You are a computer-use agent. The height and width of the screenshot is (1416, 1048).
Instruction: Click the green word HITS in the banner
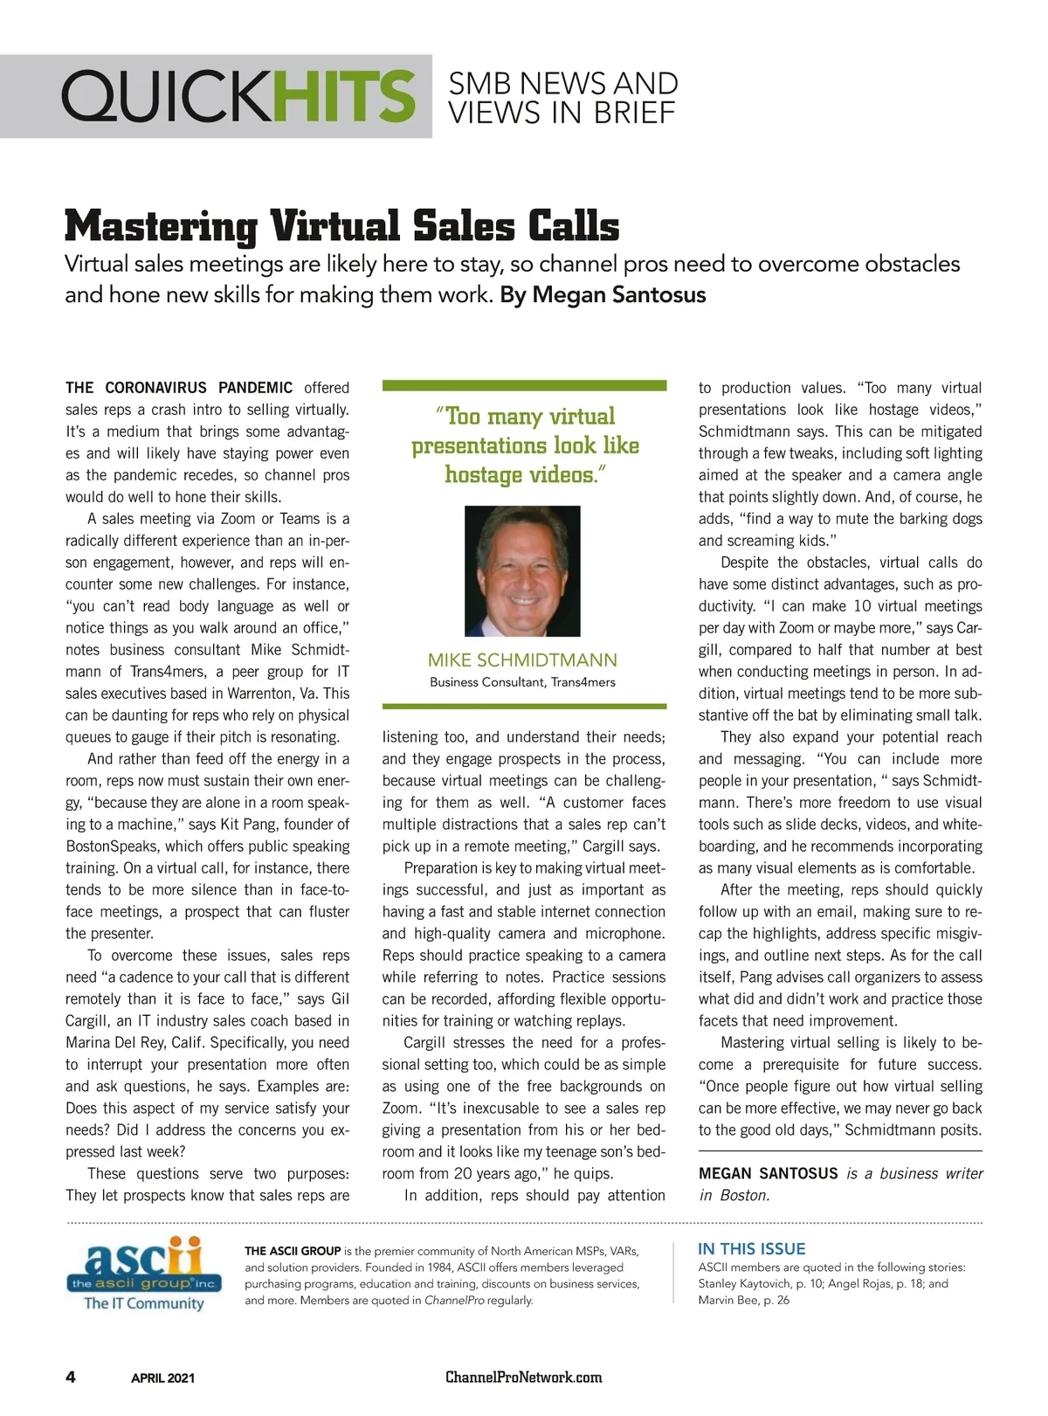click(x=344, y=96)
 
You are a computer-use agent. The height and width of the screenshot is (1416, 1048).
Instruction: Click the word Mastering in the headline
click(x=161, y=225)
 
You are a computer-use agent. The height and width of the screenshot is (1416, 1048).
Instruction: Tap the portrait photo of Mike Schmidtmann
click(x=522, y=571)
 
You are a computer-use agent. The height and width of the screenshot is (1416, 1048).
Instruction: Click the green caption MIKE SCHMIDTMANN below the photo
click(x=522, y=660)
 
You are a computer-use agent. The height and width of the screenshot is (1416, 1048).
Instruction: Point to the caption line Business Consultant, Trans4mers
click(x=522, y=682)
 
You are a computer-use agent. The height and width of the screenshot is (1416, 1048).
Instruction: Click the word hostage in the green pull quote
click(x=482, y=474)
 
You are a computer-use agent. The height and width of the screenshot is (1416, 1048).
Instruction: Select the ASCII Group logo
click(x=143, y=1274)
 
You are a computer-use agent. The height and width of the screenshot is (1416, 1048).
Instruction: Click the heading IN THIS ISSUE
click(x=751, y=1249)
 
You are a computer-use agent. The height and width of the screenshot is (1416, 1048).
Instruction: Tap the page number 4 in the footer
click(x=71, y=1378)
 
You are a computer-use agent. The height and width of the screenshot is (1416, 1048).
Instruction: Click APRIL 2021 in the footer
click(x=162, y=1378)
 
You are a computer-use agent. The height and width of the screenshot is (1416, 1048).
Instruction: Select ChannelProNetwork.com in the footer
click(x=523, y=1378)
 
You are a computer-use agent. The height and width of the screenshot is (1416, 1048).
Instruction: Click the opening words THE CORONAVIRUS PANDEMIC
click(x=179, y=388)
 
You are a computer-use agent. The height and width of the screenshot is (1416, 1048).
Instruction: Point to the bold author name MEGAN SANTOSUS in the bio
click(x=768, y=1173)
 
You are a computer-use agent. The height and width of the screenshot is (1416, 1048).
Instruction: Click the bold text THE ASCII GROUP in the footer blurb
click(x=293, y=1251)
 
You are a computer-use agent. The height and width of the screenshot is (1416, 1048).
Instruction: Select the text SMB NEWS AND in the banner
click(x=562, y=84)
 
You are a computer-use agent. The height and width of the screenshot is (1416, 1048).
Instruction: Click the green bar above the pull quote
click(x=524, y=385)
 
